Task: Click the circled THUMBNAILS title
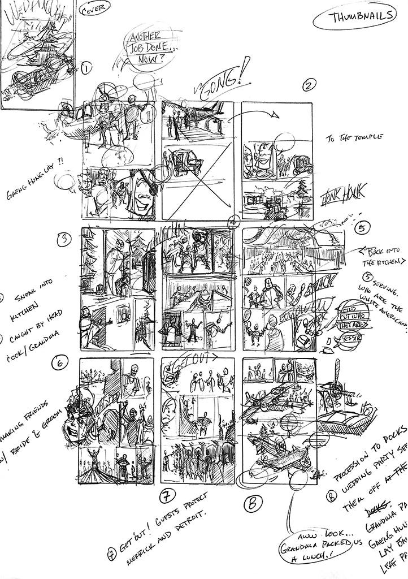pyautogui.click(x=355, y=17)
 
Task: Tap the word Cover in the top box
pyautogui.click(x=95, y=11)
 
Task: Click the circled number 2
pyautogui.click(x=308, y=85)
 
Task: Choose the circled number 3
pyautogui.click(x=66, y=240)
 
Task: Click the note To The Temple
pyautogui.click(x=354, y=137)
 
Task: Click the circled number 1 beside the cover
pyautogui.click(x=86, y=69)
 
